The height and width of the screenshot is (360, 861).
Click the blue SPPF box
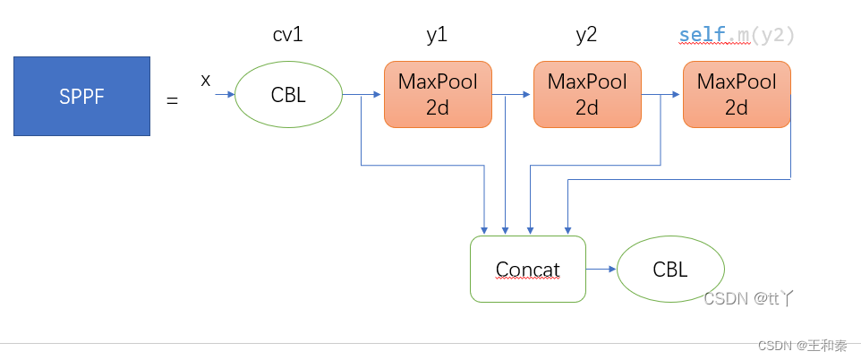[81, 96]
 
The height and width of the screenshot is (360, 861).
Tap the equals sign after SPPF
[172, 100]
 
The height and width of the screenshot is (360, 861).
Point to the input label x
[206, 81]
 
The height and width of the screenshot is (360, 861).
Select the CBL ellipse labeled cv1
[288, 94]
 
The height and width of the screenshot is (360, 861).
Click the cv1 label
[287, 36]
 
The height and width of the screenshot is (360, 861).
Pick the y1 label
[437, 36]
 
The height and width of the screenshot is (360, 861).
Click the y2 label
[586, 36]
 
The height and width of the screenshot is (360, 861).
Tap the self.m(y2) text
[737, 36]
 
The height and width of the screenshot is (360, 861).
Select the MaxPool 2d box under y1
[438, 94]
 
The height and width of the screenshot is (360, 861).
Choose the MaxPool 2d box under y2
[587, 94]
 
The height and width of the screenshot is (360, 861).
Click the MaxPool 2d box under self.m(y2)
[737, 94]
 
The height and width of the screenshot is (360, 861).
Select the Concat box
[528, 269]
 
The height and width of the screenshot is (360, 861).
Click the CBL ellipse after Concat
[670, 269]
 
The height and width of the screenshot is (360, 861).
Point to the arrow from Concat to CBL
[601, 269]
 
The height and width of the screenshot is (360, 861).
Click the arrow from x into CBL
[224, 93]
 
